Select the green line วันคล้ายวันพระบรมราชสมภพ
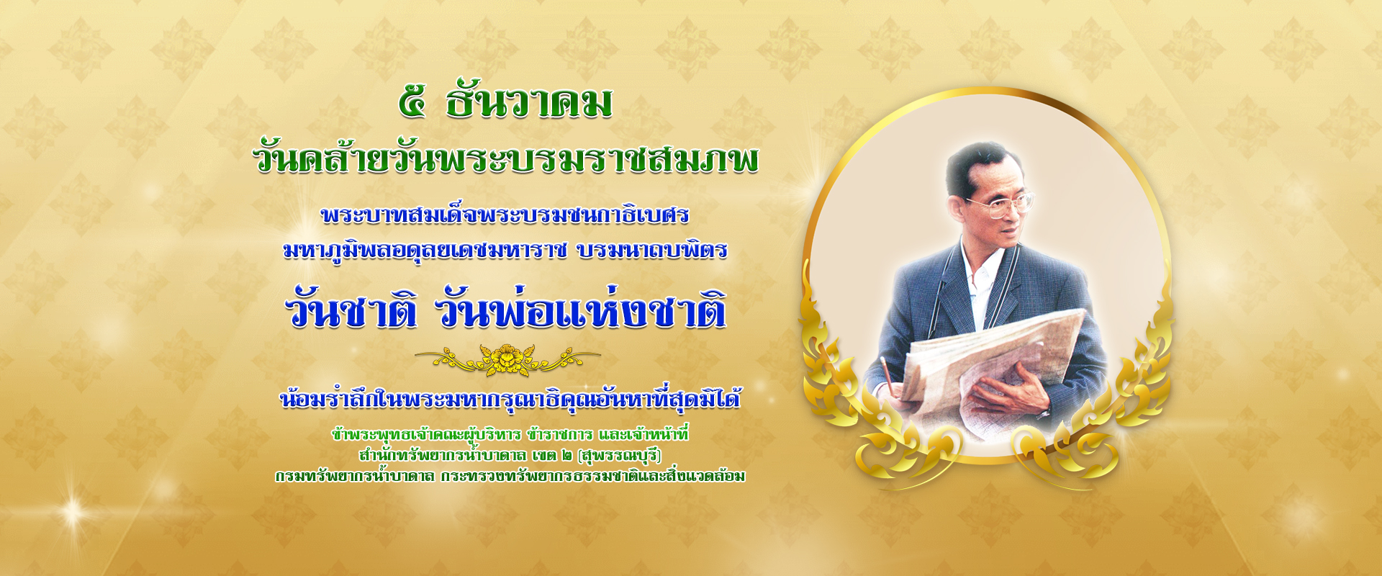click(507, 158)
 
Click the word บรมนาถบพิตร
click(652, 250)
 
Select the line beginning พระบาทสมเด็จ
click(505, 214)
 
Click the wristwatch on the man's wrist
click(1043, 414)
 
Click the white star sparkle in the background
click(73, 512)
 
